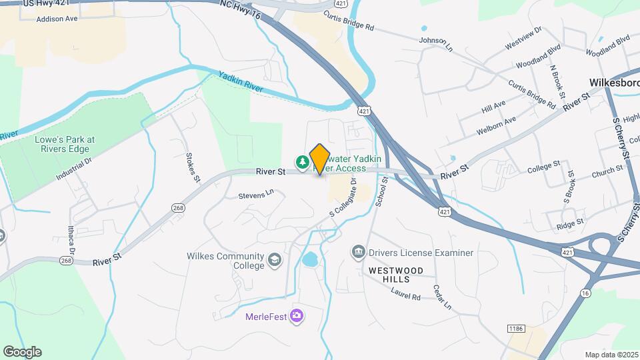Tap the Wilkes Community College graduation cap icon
pos(274,260)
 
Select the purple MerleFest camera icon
pos(297,315)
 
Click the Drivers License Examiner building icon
pos(358,253)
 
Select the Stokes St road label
pos(193,167)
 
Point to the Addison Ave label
pos(57,19)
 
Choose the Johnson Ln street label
pos(436,43)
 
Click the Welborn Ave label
pos(497,126)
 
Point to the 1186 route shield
pos(515,329)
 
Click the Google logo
pos(22,352)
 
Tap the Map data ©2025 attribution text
pos(611,355)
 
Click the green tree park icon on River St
pos(303,161)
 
